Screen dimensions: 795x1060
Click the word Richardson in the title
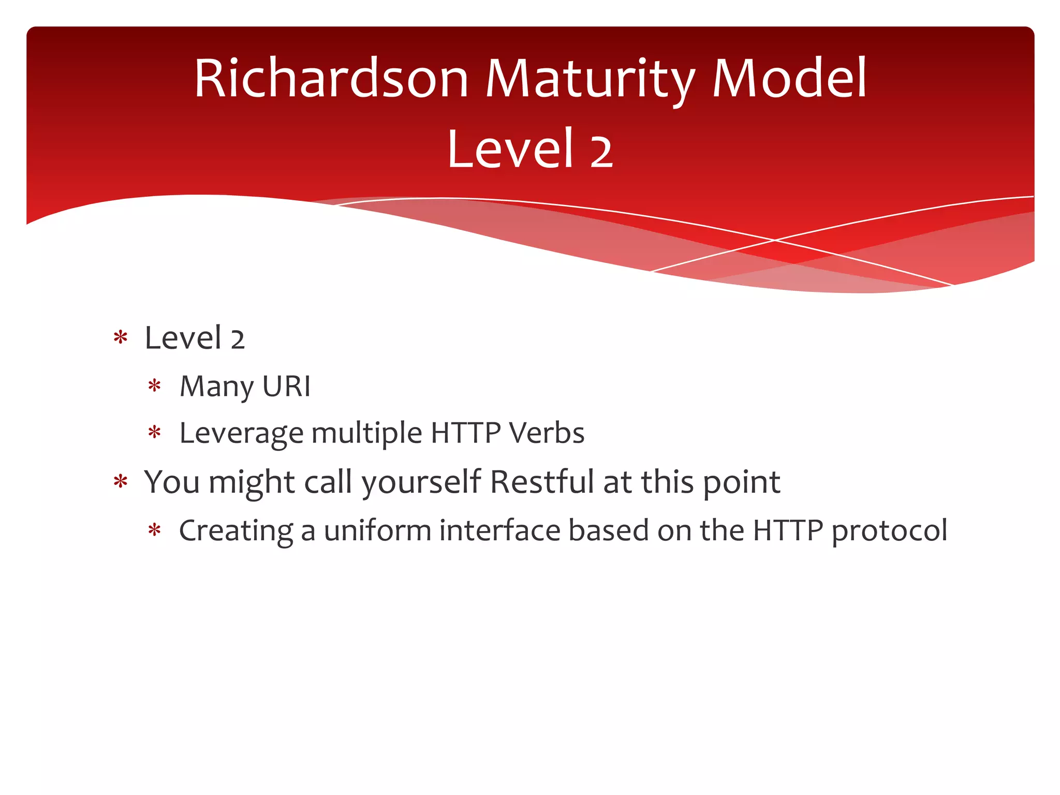tap(331, 79)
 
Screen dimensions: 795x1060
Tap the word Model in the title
tap(789, 79)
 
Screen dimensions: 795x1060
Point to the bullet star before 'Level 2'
tap(121, 337)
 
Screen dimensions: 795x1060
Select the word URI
tap(286, 386)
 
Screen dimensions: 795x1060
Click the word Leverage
tap(241, 433)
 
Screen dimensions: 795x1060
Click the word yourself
tap(422, 482)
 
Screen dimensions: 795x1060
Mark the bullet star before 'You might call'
tap(121, 481)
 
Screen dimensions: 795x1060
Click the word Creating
tap(235, 531)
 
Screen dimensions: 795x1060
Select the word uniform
tap(377, 531)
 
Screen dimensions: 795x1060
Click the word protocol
tap(889, 531)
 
